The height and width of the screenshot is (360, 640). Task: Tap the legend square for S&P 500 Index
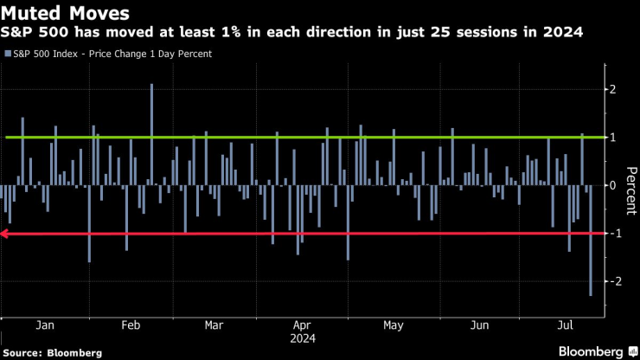click(x=8, y=54)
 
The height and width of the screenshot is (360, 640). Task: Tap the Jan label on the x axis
click(x=47, y=325)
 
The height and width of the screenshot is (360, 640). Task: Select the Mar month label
click(x=214, y=325)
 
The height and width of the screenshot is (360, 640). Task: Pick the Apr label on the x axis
click(x=302, y=325)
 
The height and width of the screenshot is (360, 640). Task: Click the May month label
click(x=393, y=325)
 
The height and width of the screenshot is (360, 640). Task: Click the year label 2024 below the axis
click(x=302, y=338)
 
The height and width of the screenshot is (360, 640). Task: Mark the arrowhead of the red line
click(x=4, y=234)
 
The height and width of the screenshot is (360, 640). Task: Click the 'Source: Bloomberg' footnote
click(x=52, y=352)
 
